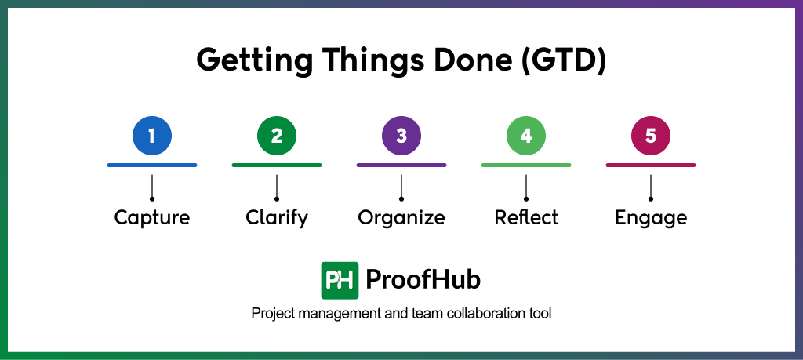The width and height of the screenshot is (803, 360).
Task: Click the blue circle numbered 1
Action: pyautogui.click(x=151, y=136)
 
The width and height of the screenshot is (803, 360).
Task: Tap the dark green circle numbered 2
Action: pyautogui.click(x=277, y=136)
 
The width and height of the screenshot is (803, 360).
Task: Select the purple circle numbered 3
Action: pyautogui.click(x=401, y=136)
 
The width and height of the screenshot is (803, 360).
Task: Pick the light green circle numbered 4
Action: pyautogui.click(x=525, y=136)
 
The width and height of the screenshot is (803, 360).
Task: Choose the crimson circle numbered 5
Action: pyautogui.click(x=650, y=136)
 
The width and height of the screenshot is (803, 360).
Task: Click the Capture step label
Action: pyautogui.click(x=152, y=217)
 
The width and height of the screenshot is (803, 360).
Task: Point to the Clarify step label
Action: pyautogui.click(x=277, y=217)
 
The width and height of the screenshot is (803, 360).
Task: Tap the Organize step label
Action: pyautogui.click(x=401, y=217)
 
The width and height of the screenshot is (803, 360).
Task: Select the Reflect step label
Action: pyautogui.click(x=526, y=217)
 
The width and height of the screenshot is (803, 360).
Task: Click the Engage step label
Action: pyautogui.click(x=651, y=217)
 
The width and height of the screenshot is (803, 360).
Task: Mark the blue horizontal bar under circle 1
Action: pyautogui.click(x=152, y=165)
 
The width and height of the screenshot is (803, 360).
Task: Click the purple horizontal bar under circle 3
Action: pyautogui.click(x=401, y=165)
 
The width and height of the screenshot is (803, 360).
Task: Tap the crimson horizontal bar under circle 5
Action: pyautogui.click(x=651, y=165)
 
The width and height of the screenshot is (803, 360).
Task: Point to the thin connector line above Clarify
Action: pyautogui.click(x=277, y=187)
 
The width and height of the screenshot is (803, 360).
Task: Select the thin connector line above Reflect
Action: pyautogui.click(x=526, y=187)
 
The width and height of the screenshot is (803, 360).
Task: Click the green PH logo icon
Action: pyautogui.click(x=340, y=280)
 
